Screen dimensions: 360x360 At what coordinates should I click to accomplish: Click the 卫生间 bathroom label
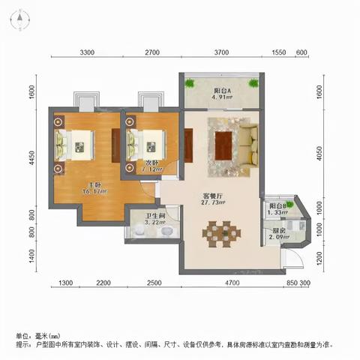pos(154,215)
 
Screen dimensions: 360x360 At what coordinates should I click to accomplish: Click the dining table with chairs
pos(221,233)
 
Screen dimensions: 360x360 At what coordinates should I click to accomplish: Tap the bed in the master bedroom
pos(75,142)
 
